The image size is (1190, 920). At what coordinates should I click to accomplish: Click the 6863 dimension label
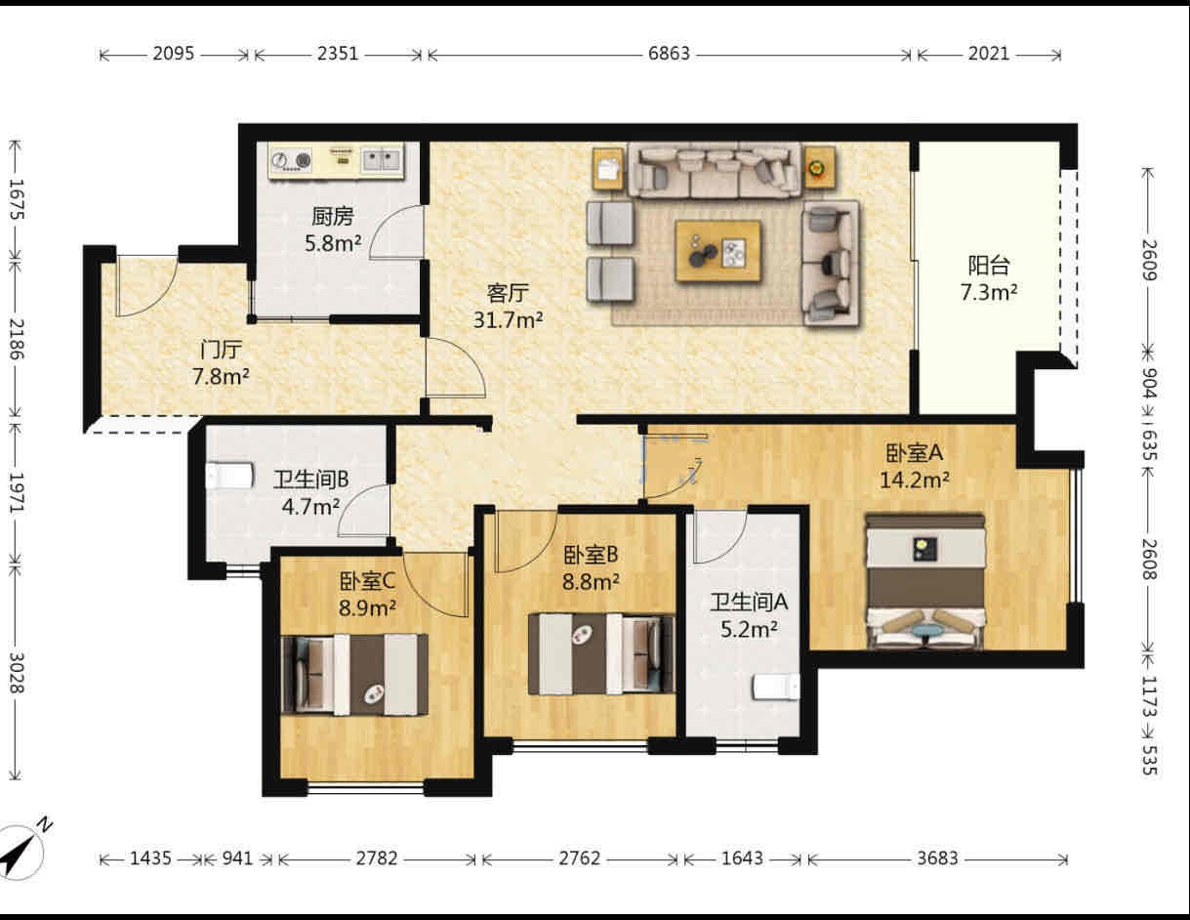tap(669, 54)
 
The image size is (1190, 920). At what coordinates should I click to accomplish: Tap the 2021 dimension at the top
tap(989, 54)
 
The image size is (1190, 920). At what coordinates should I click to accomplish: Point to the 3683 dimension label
tap(937, 858)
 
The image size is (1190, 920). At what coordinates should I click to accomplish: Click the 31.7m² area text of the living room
tap(509, 319)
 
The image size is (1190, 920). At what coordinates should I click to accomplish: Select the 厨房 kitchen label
tap(333, 216)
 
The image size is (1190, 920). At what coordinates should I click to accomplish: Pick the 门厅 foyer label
tap(221, 350)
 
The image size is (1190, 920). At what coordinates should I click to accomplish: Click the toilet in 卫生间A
tap(775, 688)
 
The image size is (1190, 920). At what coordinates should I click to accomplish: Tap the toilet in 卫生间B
tap(230, 476)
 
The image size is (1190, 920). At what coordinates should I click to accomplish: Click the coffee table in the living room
tap(718, 251)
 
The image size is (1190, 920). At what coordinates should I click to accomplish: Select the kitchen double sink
tap(383, 160)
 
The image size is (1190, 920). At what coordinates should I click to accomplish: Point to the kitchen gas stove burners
tap(291, 160)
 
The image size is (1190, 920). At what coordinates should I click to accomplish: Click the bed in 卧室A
tap(924, 581)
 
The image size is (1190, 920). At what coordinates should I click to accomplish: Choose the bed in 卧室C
tap(354, 675)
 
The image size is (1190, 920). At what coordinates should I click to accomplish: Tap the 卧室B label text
tap(591, 556)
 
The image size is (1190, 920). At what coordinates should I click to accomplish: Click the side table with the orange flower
tap(819, 168)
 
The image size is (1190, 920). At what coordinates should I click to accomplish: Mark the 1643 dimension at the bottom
tap(742, 858)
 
